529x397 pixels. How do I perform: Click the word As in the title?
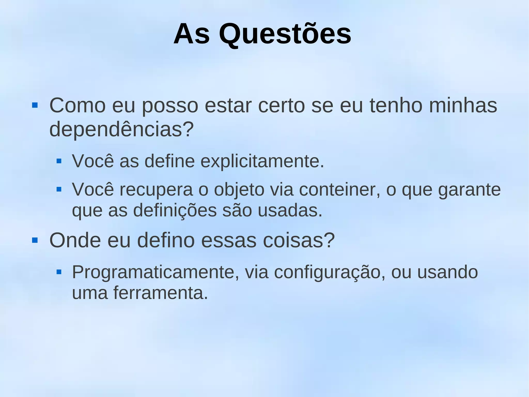click(x=191, y=34)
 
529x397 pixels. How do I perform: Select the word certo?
click(x=282, y=106)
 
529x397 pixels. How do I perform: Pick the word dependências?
click(x=121, y=129)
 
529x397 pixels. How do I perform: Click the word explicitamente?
click(x=262, y=161)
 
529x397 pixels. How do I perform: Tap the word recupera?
click(x=156, y=190)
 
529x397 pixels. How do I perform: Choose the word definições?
click(x=175, y=211)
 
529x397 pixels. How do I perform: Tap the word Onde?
click(x=75, y=240)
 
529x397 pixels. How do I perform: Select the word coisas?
click(x=299, y=240)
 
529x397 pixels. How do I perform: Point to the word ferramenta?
click(x=160, y=293)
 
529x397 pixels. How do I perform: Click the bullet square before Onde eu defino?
click(x=35, y=241)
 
